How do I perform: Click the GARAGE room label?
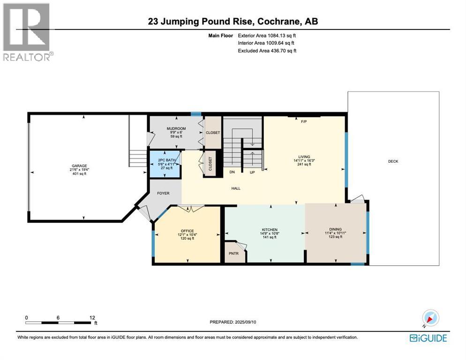pyautogui.click(x=79, y=166)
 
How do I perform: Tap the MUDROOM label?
pyautogui.click(x=176, y=129)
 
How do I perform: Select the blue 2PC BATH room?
pyautogui.click(x=165, y=165)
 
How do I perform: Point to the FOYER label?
pyautogui.click(x=163, y=193)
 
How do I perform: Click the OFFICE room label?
pyautogui.click(x=187, y=231)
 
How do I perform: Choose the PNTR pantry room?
pyautogui.click(x=235, y=253)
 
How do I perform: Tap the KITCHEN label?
pyautogui.click(x=270, y=230)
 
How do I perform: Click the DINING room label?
pyautogui.click(x=335, y=229)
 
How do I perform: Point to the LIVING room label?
pyautogui.click(x=304, y=157)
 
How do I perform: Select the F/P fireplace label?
pyautogui.click(x=304, y=121)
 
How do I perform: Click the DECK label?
pyautogui.click(x=393, y=161)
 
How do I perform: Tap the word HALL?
pyautogui.click(x=236, y=188)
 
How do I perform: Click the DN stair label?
pyautogui.click(x=232, y=172)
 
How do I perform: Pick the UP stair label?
pyautogui.click(x=252, y=172)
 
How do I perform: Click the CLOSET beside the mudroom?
pyautogui.click(x=213, y=133)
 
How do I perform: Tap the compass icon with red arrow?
pyautogui.click(x=430, y=318)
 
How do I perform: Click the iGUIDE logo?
pyautogui.click(x=428, y=338)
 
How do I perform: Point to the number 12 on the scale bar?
pyautogui.click(x=92, y=317)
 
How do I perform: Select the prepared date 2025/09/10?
pyautogui.click(x=246, y=322)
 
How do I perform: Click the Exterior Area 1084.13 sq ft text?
pyautogui.click(x=267, y=35)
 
